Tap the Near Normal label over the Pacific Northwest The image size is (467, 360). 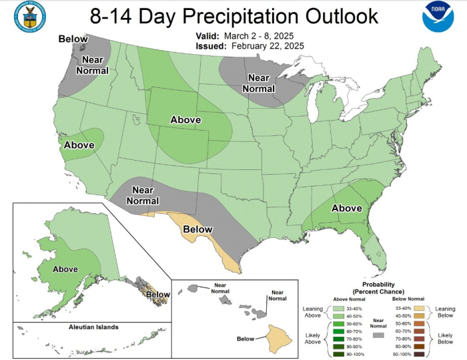pos(91,65)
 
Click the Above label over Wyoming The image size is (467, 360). pos(186,119)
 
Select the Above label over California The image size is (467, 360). pos(79,145)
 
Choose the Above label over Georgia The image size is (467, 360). pos(347,208)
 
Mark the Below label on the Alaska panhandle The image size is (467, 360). pos(157,294)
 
